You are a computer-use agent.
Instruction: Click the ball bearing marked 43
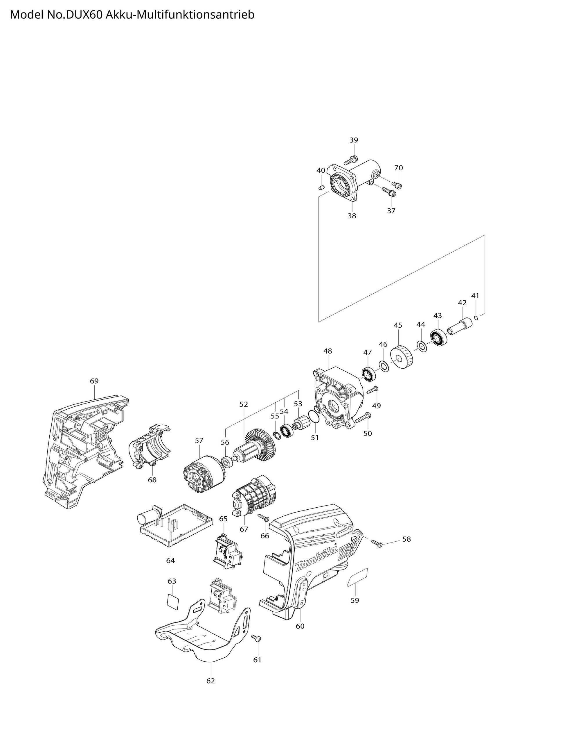click(x=438, y=338)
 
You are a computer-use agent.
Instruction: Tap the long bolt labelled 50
click(x=362, y=418)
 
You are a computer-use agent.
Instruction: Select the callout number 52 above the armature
click(x=244, y=404)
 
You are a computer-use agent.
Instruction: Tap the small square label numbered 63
click(x=172, y=601)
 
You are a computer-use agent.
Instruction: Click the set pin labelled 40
click(x=321, y=187)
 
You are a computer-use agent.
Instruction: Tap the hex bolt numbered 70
click(x=397, y=185)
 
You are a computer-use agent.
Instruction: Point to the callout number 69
click(x=94, y=381)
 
